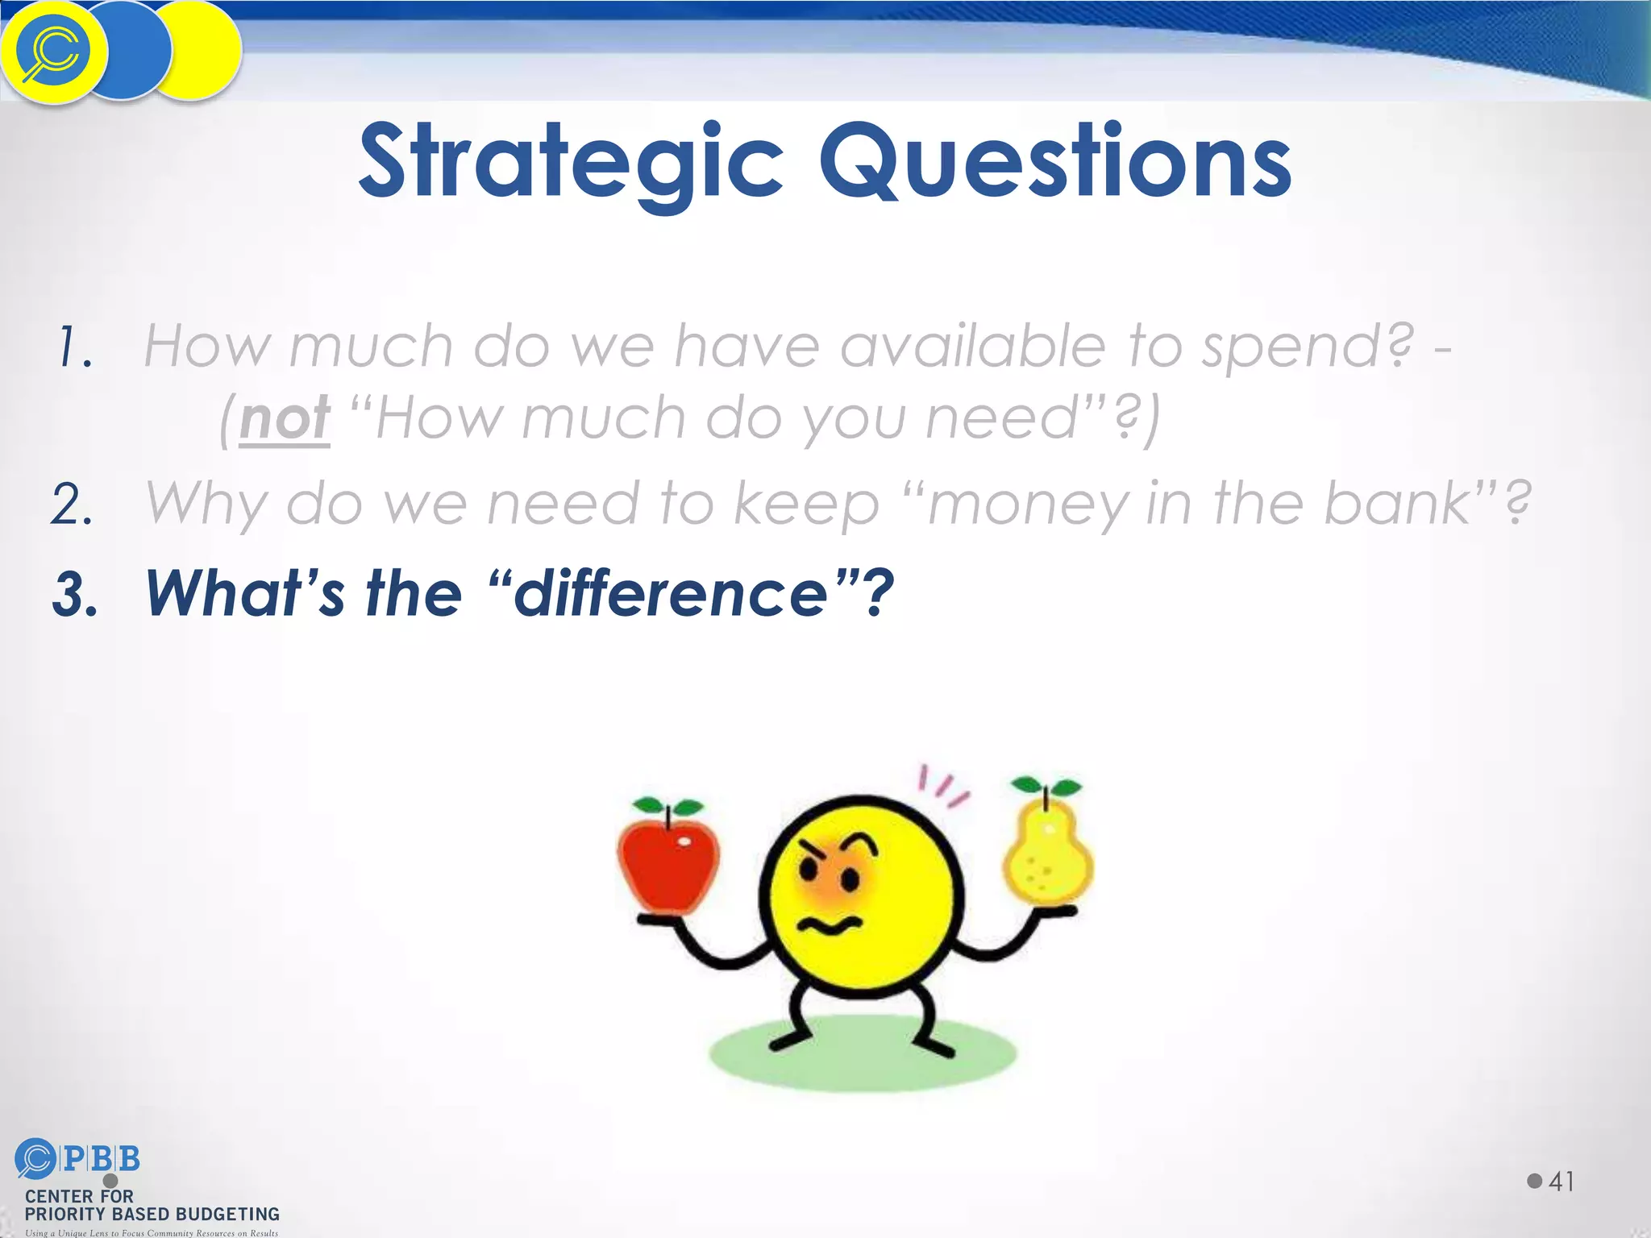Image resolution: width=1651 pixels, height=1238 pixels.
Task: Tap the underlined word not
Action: tap(285, 419)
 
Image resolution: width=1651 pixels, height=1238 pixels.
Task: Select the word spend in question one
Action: tap(1306, 347)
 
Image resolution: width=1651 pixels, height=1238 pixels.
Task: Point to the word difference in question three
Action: tap(670, 593)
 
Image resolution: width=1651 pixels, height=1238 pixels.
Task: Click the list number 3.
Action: tap(74, 595)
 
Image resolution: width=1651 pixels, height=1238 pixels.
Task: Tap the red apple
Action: tap(667, 866)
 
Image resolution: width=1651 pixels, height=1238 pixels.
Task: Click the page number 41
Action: tap(1561, 1182)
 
